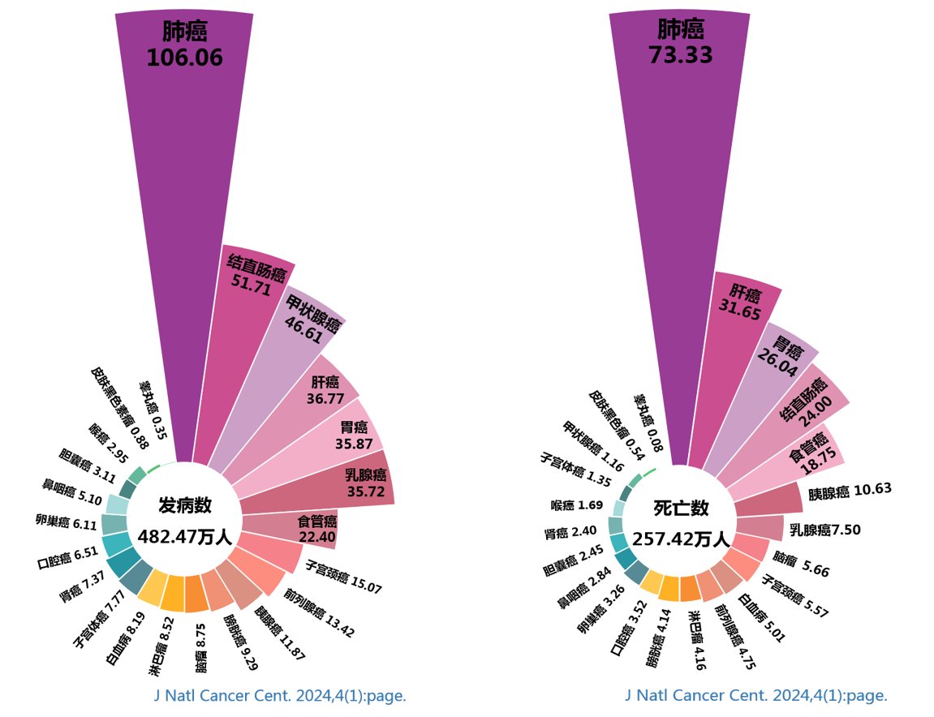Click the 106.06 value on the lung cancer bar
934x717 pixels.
coord(184,58)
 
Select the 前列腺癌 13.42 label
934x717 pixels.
coord(320,613)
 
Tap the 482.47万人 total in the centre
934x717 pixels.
coord(185,536)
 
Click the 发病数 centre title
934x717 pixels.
coord(185,505)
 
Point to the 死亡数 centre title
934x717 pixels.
coord(682,509)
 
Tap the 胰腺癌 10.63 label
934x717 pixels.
coord(850,489)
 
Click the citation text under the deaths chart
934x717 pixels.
coord(756,696)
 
